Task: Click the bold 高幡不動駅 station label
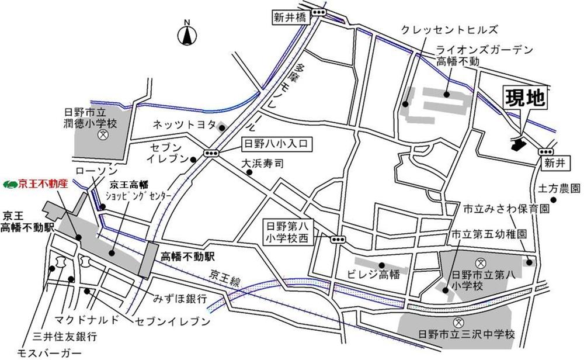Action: (189, 255)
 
